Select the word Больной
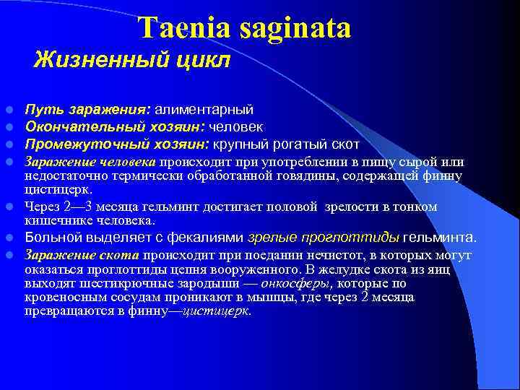pyautogui.click(x=51, y=237)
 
